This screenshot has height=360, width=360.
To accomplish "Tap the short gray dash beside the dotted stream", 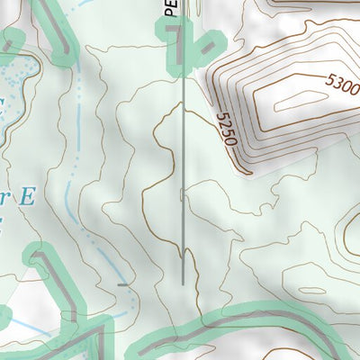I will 122,284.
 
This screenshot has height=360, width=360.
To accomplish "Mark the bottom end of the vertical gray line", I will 184,283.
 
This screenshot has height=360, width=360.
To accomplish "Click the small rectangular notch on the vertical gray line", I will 183,193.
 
